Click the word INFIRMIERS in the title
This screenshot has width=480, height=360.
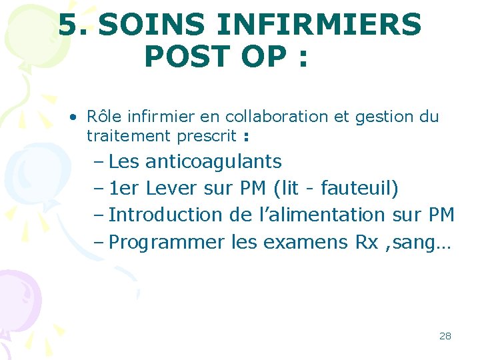tap(319, 25)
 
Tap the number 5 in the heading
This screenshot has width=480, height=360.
tap(69, 25)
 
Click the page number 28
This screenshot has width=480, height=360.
tap(445, 336)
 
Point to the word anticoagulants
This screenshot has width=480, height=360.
tap(213, 161)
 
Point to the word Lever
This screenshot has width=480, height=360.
tap(171, 188)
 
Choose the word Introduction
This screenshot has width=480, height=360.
tap(165, 215)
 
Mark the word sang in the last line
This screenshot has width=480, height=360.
tap(417, 243)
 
